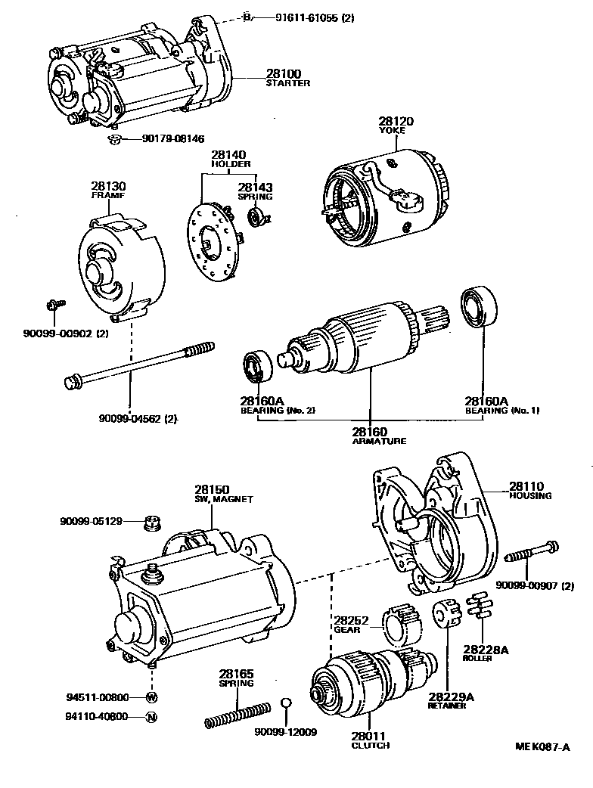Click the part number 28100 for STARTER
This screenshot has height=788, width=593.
[283, 73]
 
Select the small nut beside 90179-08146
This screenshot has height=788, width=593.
[113, 138]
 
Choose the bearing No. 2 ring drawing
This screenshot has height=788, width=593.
[258, 366]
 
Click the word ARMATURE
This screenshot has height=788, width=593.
[379, 441]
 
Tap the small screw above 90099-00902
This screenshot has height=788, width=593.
[54, 304]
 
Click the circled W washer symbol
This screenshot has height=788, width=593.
[151, 696]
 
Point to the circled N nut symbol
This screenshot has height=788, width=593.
[151, 716]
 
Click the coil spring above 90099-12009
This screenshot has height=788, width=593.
[237, 715]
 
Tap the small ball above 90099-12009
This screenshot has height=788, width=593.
[285, 705]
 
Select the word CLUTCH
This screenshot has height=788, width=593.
[371, 746]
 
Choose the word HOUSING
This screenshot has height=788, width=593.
[530, 496]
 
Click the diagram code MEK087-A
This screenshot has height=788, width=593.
[542, 747]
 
